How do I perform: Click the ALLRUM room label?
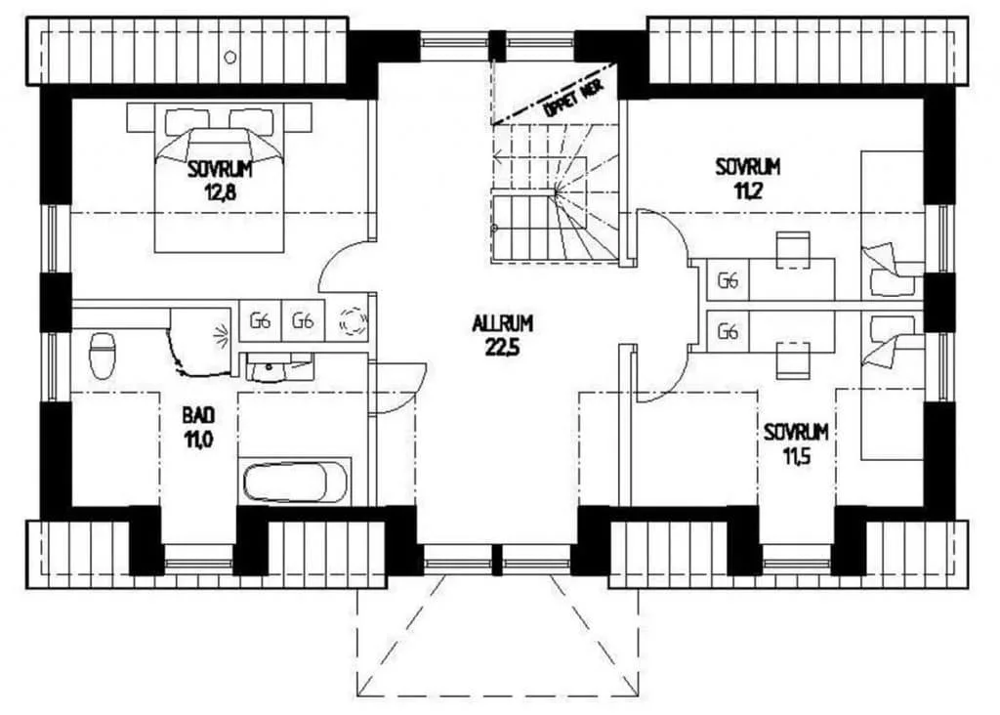pos(503,324)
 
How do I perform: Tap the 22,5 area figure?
pos(503,348)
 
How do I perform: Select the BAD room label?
pos(199,416)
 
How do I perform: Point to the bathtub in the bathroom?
pos(296,482)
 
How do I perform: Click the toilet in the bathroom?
pos(102,355)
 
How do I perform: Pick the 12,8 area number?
pos(221,191)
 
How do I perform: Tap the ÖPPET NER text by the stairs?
pos(572,99)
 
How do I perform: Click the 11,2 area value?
pos(747,190)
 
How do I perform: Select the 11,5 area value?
pos(797,456)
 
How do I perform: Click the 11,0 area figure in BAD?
pos(199,440)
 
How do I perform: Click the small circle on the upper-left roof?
pos(230,58)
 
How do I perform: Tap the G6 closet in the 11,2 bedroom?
pos(728,279)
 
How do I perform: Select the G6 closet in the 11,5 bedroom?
pos(728,332)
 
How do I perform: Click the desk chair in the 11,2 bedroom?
pos(793,251)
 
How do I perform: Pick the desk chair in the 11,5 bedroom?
pos(793,360)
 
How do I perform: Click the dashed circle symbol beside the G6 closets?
pos(354,321)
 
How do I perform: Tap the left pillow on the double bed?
pos(187,120)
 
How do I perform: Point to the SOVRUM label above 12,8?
pos(221,169)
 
